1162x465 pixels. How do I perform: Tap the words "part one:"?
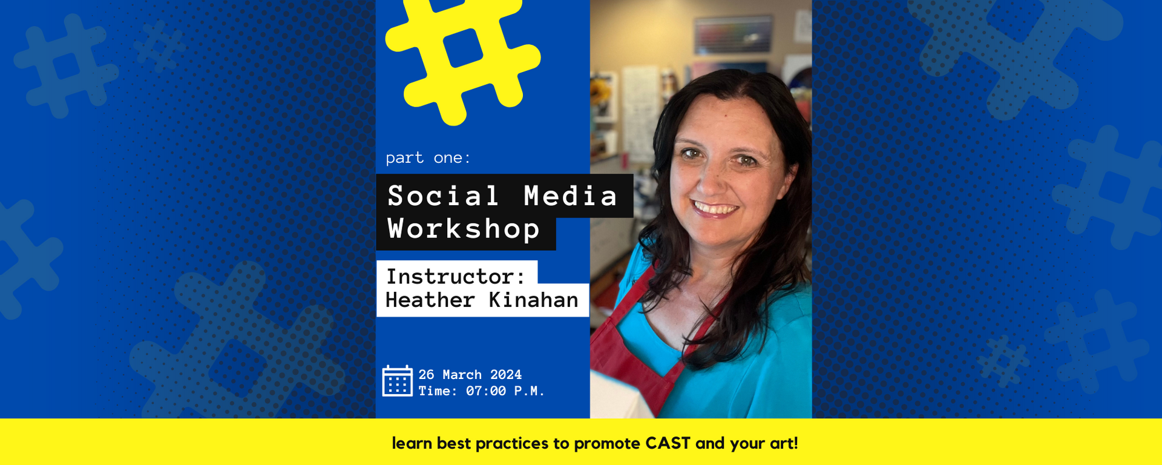click(428, 158)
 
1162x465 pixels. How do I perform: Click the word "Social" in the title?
click(444, 196)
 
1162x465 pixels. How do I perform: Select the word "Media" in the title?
click(571, 196)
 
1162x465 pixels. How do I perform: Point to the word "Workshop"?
click(464, 229)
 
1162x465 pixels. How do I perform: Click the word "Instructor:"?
click(456, 277)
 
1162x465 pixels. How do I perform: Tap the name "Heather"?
click(430, 300)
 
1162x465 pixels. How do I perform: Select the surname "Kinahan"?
click(534, 300)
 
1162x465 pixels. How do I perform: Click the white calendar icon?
click(397, 381)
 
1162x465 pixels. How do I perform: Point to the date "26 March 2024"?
click(470, 375)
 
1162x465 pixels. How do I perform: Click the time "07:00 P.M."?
click(505, 391)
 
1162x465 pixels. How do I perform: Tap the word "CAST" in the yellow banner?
click(668, 443)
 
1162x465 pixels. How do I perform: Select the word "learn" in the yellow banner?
click(412, 443)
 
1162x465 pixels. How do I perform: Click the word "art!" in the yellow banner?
click(784, 443)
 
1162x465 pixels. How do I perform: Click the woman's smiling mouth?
click(715, 209)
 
